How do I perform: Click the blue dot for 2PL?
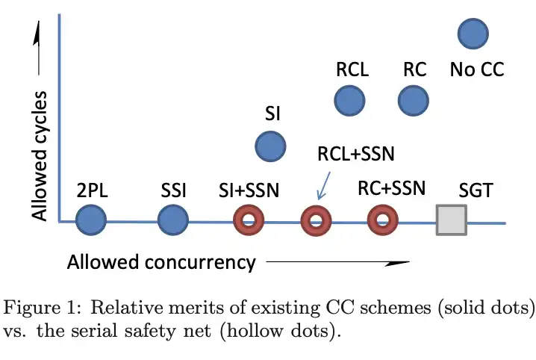(x=92, y=220)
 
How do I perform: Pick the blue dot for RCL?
(x=349, y=100)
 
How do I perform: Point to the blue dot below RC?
(x=413, y=100)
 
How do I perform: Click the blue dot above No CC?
(x=472, y=34)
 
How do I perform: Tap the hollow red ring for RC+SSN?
(x=383, y=220)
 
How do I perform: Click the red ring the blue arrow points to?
(x=315, y=220)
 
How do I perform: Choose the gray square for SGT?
(x=451, y=220)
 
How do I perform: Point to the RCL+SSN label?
(x=355, y=155)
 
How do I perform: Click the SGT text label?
(x=475, y=190)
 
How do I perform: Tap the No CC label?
(x=477, y=70)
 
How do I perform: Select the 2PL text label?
(x=93, y=190)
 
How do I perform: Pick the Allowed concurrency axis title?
(x=161, y=262)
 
